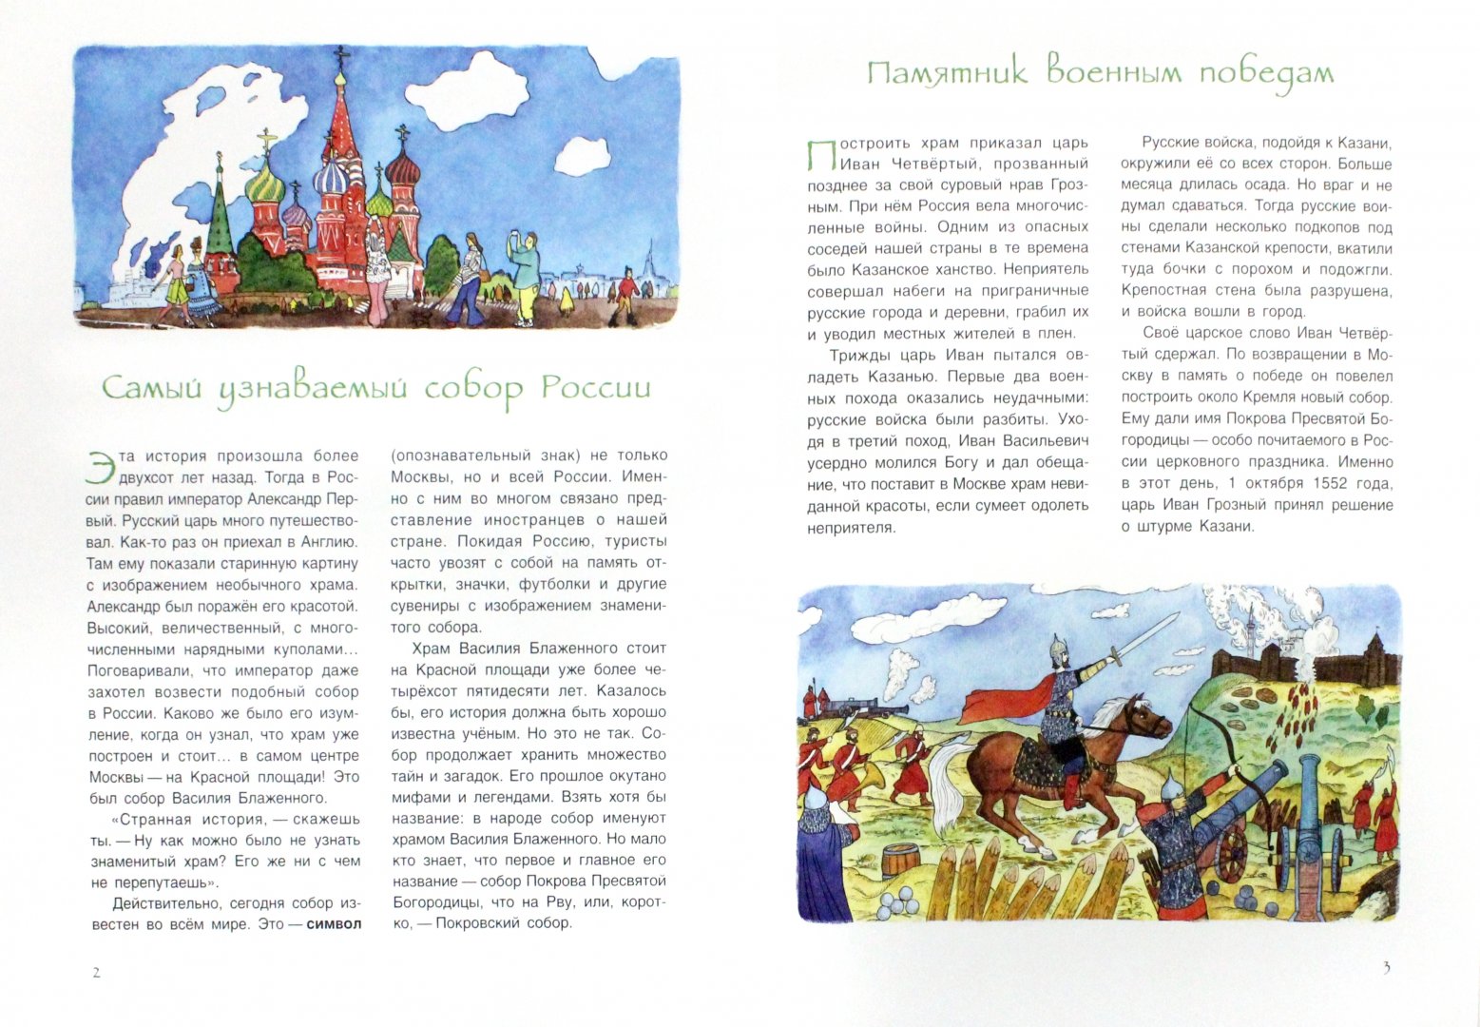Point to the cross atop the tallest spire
(338, 59)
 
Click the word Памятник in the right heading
(947, 73)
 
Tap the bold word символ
(334, 923)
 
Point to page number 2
(95, 972)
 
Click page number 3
(1386, 968)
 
